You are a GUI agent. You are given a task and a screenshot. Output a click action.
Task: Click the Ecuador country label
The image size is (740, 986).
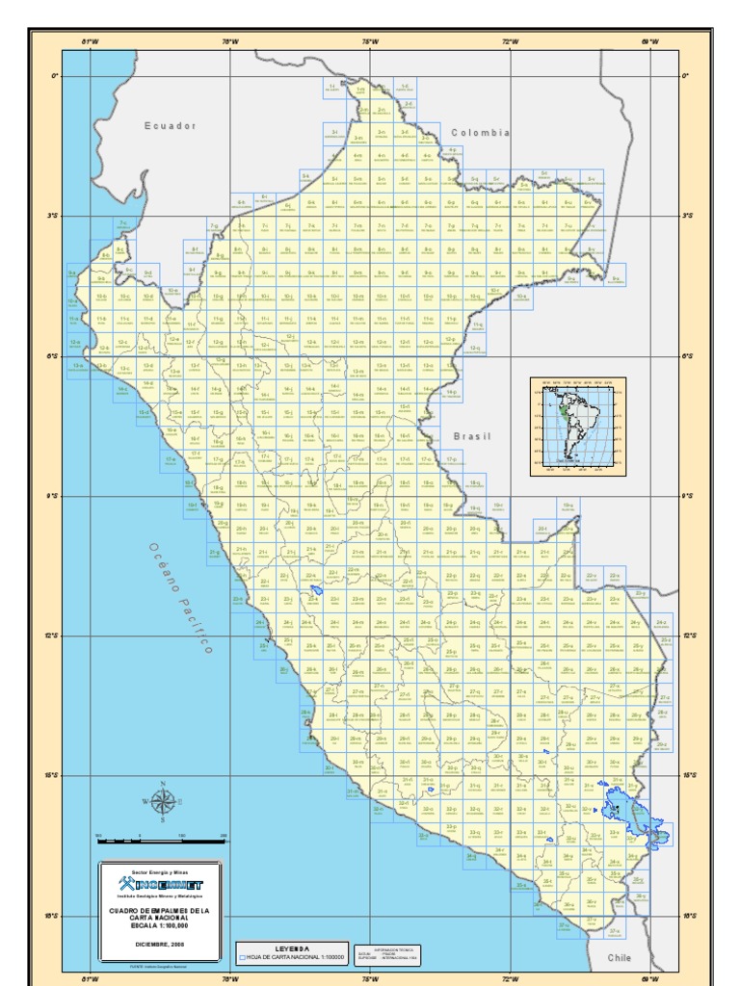[170, 125]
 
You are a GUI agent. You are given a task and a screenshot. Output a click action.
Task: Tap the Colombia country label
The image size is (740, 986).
[478, 133]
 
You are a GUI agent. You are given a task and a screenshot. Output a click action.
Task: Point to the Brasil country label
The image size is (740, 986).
[472, 436]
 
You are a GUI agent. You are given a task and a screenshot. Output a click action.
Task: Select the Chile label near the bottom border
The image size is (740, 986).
[618, 958]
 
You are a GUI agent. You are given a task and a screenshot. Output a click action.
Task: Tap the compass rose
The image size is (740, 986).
[163, 801]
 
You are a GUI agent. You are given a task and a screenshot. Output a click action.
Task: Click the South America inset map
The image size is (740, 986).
[577, 427]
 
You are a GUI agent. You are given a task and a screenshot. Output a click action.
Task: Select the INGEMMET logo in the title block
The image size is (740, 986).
[161, 885]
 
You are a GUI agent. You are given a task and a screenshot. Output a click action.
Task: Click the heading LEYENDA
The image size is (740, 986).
[293, 948]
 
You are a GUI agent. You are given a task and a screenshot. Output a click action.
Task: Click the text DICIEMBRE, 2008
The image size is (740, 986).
[161, 944]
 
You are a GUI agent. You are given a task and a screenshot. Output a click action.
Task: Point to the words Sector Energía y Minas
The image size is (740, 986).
[161, 870]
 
